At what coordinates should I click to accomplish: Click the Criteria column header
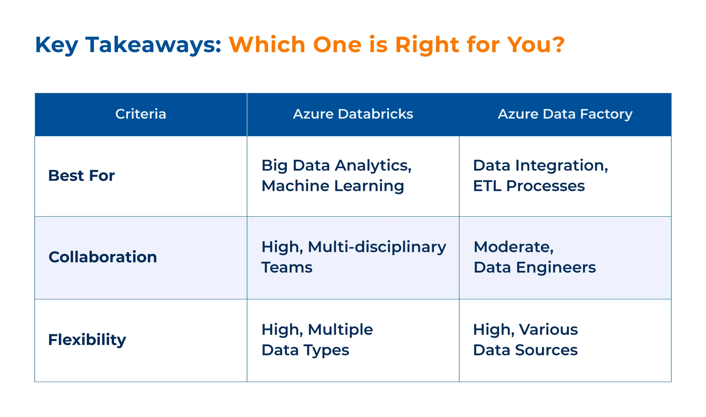pyautogui.click(x=141, y=114)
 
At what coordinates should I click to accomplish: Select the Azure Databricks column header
pyautogui.click(x=353, y=114)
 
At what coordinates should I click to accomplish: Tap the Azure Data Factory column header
pyautogui.click(x=565, y=114)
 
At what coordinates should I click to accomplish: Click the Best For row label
pyautogui.click(x=82, y=175)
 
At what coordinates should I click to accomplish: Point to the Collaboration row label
pyautogui.click(x=103, y=257)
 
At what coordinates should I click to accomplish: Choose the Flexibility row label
pyautogui.click(x=87, y=340)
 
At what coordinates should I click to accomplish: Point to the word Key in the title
pyautogui.click(x=56, y=45)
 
